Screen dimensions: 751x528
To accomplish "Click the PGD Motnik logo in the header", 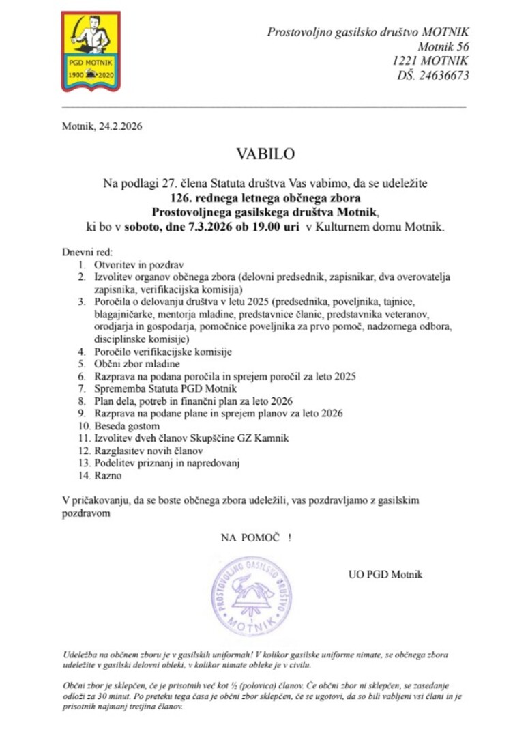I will coord(91,51).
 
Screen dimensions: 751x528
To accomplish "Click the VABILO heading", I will coord(265,154).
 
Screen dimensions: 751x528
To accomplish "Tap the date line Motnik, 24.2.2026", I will coord(102,126).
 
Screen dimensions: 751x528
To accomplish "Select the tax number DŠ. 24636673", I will coord(433,75).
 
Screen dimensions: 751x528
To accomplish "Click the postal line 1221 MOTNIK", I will coord(431,61).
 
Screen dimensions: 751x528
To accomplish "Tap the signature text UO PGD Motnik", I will coord(385,574).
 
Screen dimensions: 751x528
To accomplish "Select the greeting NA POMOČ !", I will coord(256,538).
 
